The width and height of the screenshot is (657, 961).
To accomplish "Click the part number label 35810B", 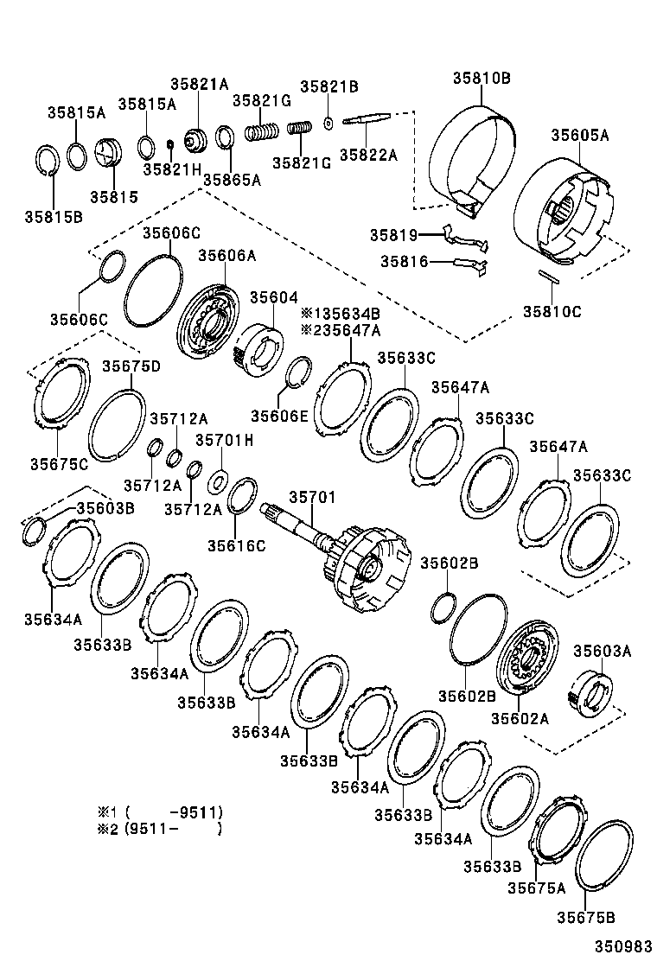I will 481,78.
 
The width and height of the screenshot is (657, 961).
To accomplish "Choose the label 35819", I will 393,235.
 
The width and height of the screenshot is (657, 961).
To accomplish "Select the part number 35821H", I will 172,169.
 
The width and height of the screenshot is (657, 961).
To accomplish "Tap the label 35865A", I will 232,180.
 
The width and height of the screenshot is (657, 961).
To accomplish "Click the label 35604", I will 273,296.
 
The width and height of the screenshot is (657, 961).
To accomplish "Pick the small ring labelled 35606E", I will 298,372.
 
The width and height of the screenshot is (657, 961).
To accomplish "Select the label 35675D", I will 131,366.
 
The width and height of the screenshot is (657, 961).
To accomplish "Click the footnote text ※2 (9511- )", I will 160,829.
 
